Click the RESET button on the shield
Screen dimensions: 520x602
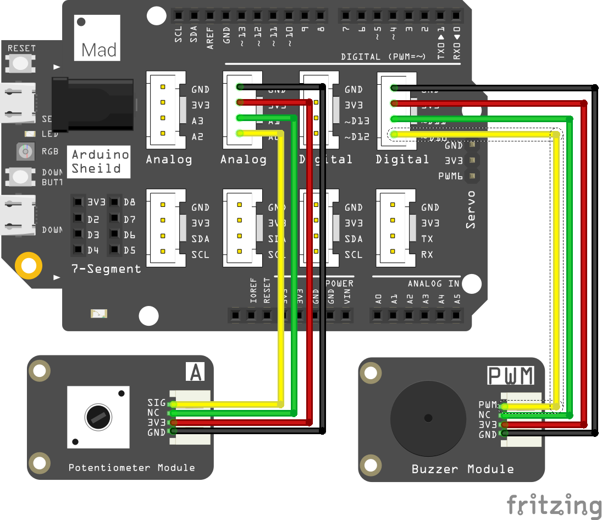(21, 63)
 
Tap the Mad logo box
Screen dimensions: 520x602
(98, 38)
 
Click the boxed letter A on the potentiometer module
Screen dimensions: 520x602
(195, 373)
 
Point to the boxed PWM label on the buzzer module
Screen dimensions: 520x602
(511, 376)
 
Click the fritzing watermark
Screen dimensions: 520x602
(553, 505)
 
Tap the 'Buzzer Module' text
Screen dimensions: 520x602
(462, 469)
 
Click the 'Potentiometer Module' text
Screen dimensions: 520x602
(131, 468)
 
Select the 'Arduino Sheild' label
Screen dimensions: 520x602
(100, 162)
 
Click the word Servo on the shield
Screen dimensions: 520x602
(471, 210)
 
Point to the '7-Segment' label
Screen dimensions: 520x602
(106, 269)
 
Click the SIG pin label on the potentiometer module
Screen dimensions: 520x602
(156, 403)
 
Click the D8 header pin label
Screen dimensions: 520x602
(129, 202)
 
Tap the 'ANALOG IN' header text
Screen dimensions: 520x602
(434, 283)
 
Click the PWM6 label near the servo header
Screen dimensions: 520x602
(450, 177)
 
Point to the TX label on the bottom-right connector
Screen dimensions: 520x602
(427, 239)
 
